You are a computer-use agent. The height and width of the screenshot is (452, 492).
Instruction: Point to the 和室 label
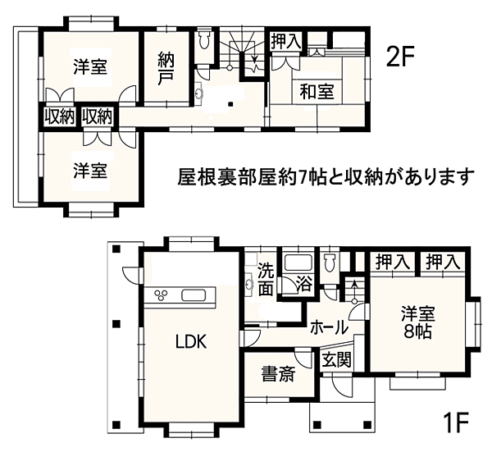(x=315, y=92)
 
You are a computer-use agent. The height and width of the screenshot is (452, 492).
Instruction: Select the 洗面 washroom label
(x=266, y=280)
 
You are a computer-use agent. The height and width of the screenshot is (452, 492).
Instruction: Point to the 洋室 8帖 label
(x=418, y=323)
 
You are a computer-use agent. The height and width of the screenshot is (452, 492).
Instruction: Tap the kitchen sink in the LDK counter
(x=196, y=296)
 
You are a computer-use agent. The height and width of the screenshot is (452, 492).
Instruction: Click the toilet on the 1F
(x=330, y=262)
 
